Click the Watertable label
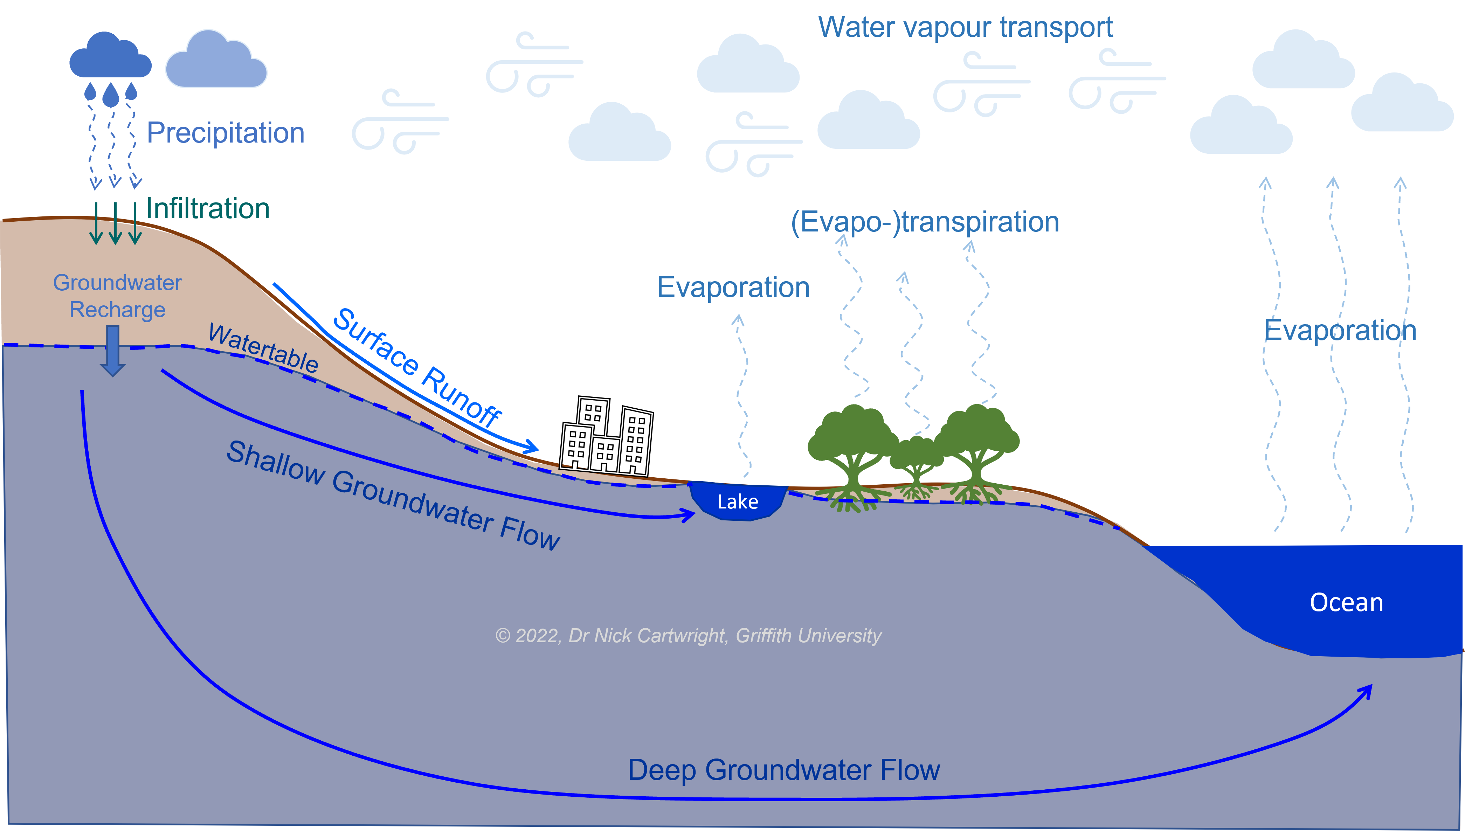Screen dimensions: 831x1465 point(263,348)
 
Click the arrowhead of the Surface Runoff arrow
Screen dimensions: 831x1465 point(532,446)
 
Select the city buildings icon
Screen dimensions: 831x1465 point(606,437)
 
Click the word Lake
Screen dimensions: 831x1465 point(737,502)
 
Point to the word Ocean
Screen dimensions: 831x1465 point(1346,603)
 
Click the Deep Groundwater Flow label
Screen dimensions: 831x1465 point(783,770)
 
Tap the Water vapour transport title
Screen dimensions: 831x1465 point(965,27)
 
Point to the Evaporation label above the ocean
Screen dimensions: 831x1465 point(1340,331)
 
